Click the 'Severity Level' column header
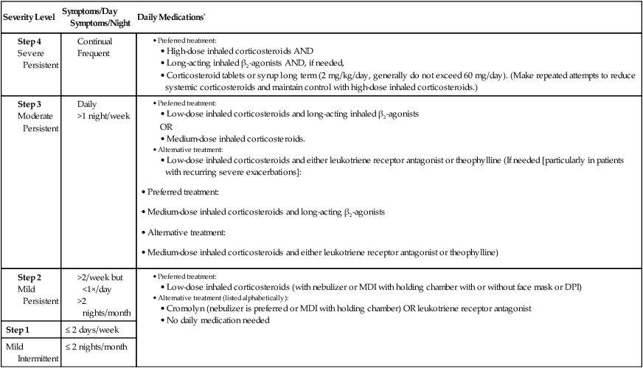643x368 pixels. coord(30,16)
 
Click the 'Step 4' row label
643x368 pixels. coord(29,42)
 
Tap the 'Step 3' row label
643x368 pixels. coord(29,105)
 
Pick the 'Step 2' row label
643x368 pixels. coord(29,278)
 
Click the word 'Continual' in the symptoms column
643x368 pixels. coord(95,42)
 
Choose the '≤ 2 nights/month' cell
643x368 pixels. coord(106,347)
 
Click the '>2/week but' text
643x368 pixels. coord(102,278)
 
